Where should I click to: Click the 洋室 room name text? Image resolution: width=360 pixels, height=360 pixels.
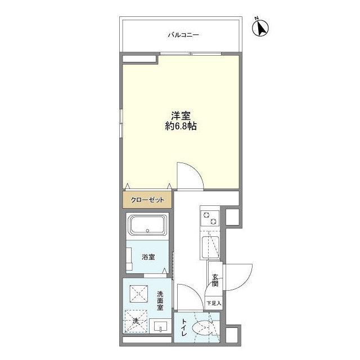pos(181,116)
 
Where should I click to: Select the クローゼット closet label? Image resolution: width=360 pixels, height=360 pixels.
pos(148,200)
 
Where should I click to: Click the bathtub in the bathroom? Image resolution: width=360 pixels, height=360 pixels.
pos(147,226)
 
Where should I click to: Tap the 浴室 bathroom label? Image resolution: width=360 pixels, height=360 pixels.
pos(149,257)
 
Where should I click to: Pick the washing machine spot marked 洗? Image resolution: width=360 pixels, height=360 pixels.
pos(137,322)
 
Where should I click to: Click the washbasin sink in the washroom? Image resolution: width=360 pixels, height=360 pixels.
pos(160,327)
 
